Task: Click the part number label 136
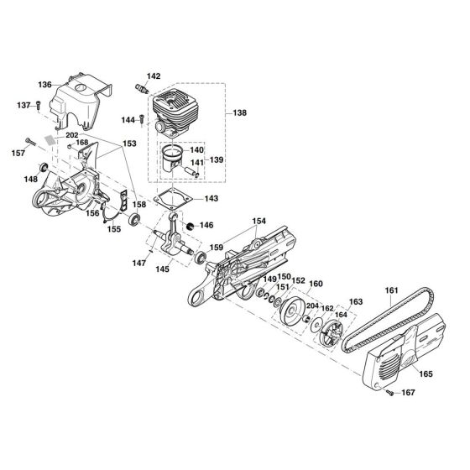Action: (44, 85)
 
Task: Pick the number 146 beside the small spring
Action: (206, 225)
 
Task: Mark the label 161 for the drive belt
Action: (393, 291)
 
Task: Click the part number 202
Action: (71, 135)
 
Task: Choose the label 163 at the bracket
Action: (356, 300)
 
